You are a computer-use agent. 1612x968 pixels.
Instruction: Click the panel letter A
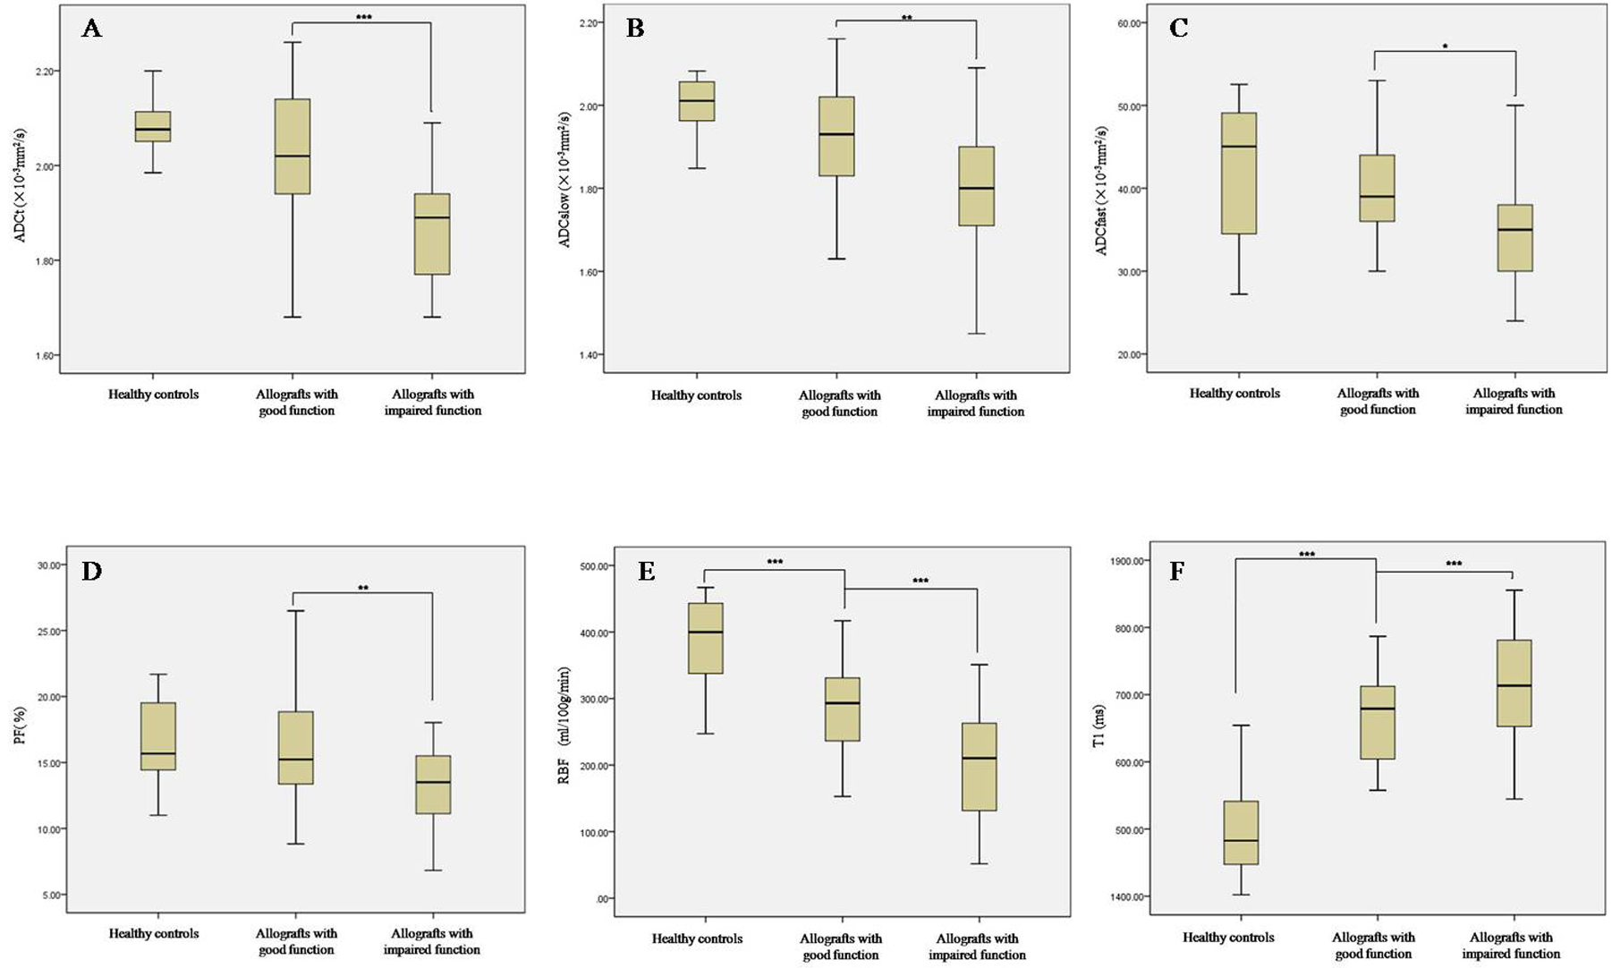(x=91, y=29)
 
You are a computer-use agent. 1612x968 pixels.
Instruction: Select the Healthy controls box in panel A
(x=153, y=126)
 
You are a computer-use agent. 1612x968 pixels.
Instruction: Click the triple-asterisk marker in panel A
(x=363, y=18)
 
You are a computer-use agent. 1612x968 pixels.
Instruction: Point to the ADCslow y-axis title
(x=564, y=180)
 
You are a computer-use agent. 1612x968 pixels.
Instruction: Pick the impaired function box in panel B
(x=976, y=186)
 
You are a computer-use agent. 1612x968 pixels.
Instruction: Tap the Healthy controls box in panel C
(x=1239, y=174)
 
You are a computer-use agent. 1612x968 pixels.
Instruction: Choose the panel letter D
(x=91, y=572)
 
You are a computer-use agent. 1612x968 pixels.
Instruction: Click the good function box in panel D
(x=295, y=748)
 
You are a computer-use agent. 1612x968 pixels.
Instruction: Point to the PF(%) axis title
(x=20, y=726)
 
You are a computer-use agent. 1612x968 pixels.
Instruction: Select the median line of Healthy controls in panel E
(x=705, y=633)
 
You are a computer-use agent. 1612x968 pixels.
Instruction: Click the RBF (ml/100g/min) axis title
(x=564, y=726)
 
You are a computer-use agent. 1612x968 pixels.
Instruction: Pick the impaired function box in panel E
(x=979, y=767)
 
